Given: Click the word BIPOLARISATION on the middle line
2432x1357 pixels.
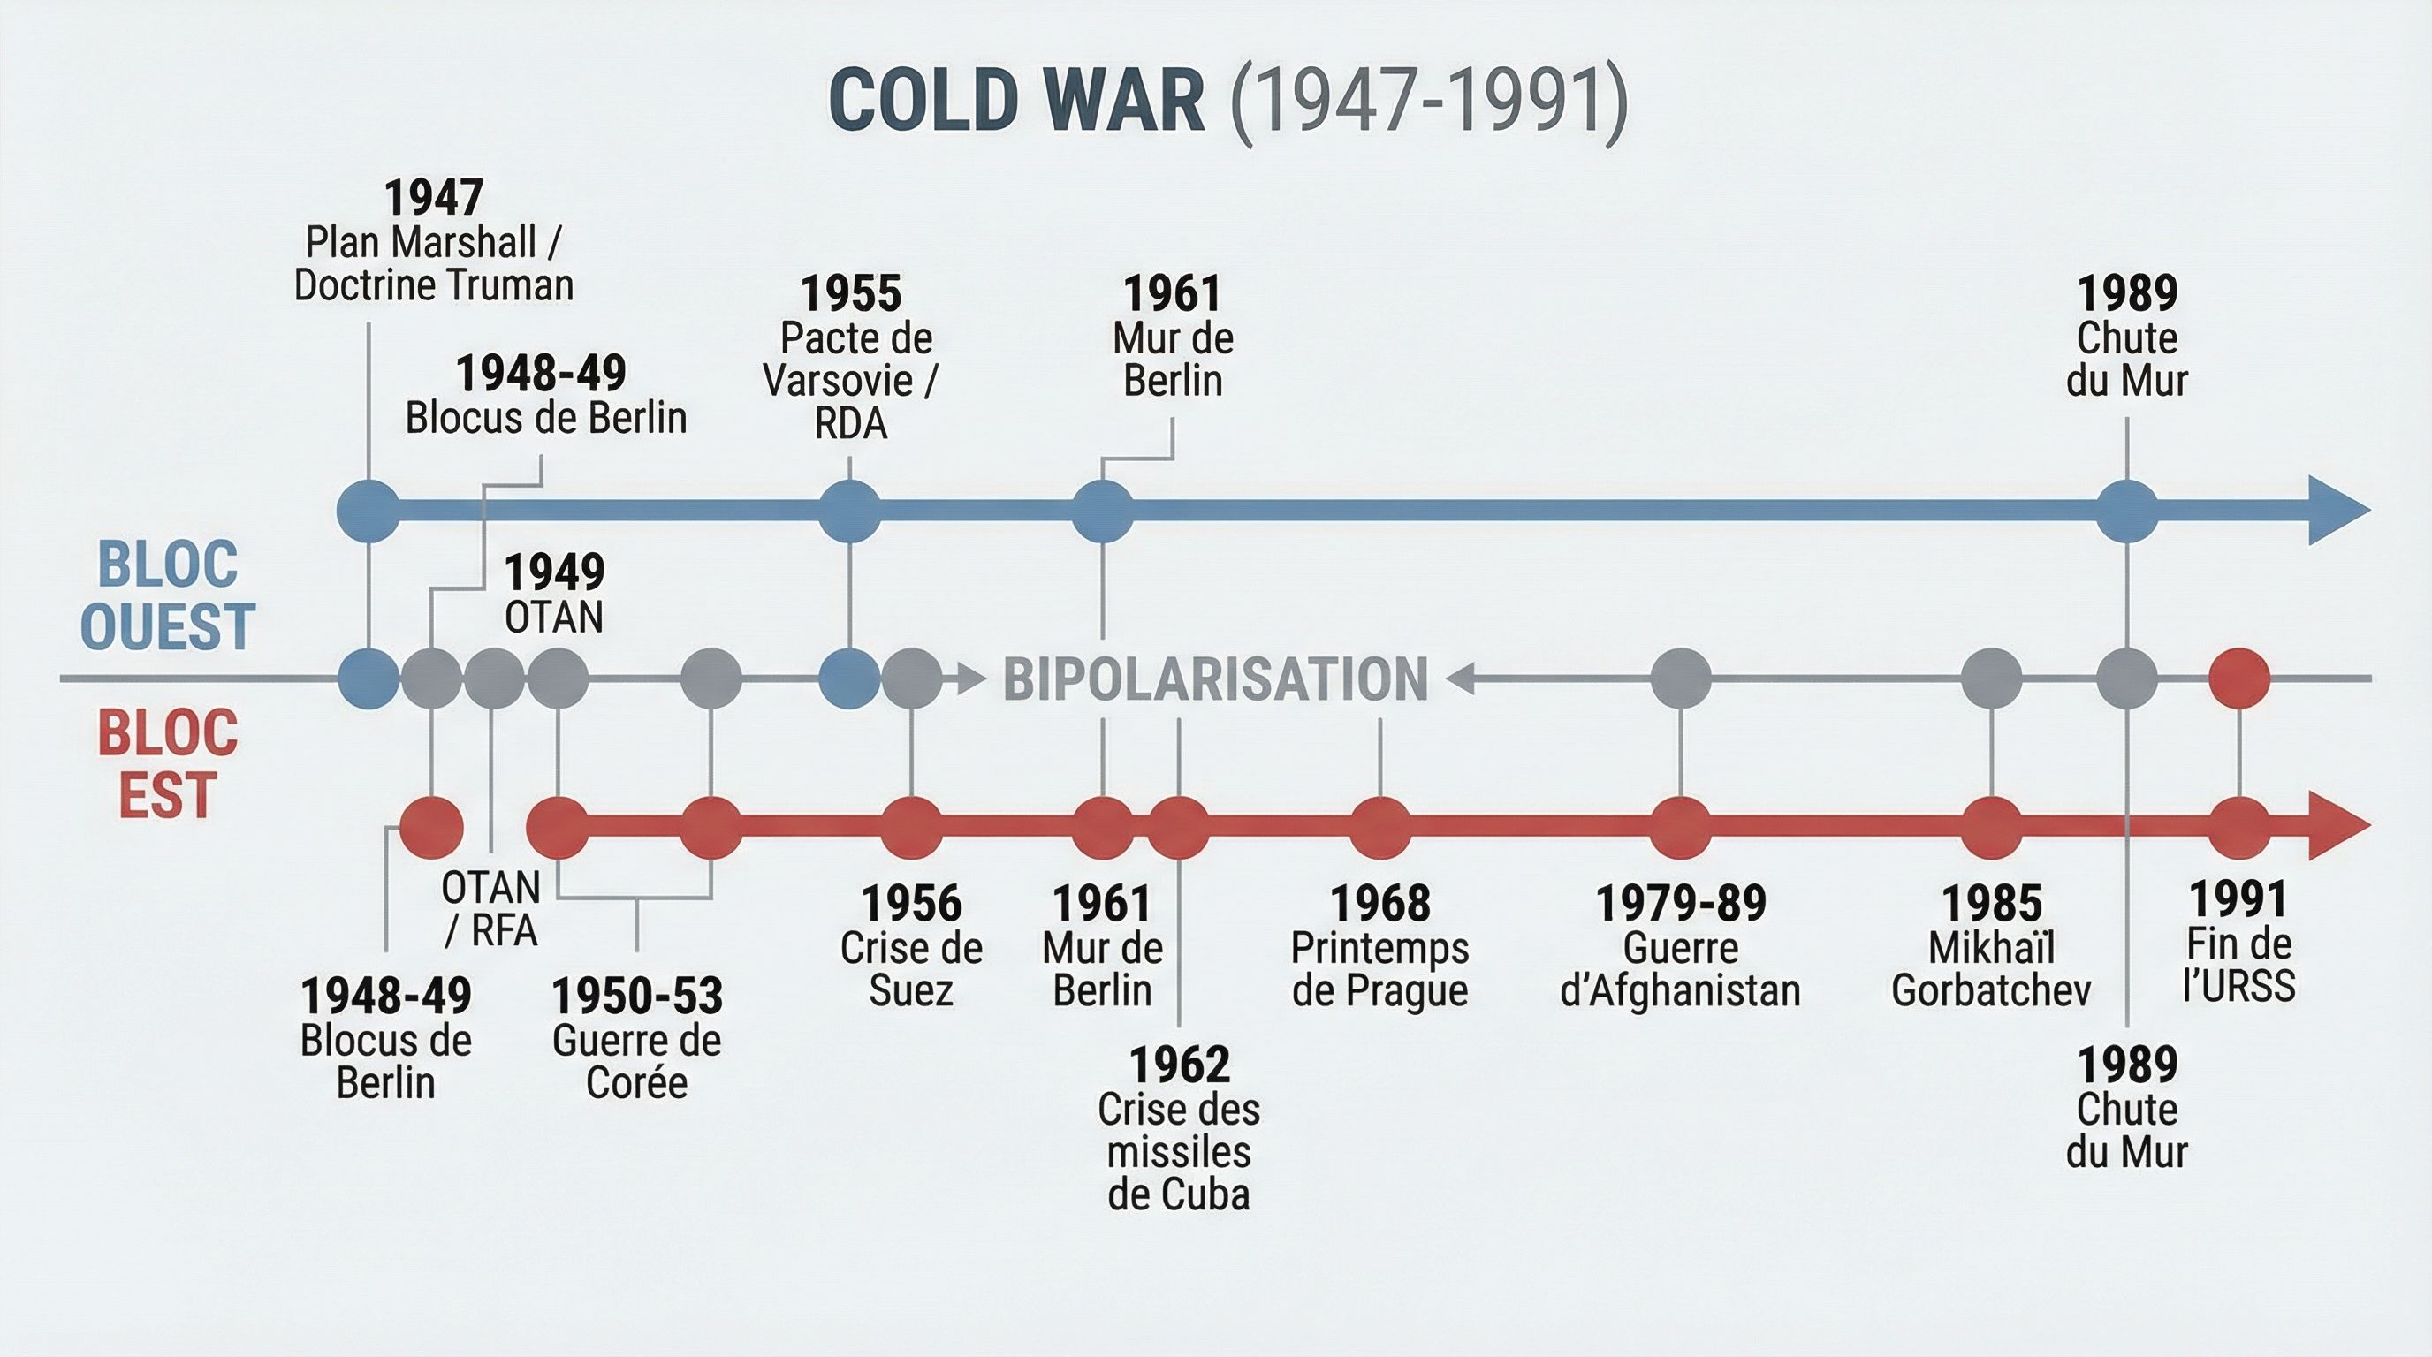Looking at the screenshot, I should (x=1215, y=679).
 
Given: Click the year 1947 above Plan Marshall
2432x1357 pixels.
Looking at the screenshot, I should (x=433, y=198).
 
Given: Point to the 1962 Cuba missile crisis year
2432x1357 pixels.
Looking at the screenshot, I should (x=1179, y=1065).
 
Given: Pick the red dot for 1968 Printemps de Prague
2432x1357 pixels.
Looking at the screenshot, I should (x=1380, y=827).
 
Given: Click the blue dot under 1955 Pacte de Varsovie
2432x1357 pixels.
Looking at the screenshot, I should (x=849, y=511).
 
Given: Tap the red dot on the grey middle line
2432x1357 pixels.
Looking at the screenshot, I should (x=2239, y=678).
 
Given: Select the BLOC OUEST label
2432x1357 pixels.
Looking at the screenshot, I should (x=167, y=595).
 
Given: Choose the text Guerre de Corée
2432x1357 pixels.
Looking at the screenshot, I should (x=637, y=1062).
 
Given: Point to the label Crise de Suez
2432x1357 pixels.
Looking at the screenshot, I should (x=911, y=969).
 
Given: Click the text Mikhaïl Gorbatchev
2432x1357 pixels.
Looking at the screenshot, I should (x=1991, y=969).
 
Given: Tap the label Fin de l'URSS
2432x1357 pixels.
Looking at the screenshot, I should (x=2238, y=965).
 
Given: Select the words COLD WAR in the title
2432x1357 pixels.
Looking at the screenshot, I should (x=1017, y=100).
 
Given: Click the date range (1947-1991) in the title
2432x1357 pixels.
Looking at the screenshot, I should (x=1429, y=100).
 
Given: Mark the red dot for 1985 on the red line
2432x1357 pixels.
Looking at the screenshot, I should (x=1991, y=827).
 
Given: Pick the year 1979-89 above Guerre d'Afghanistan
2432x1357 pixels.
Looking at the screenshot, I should (x=1681, y=903).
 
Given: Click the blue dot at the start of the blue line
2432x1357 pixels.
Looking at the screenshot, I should (x=369, y=511).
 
